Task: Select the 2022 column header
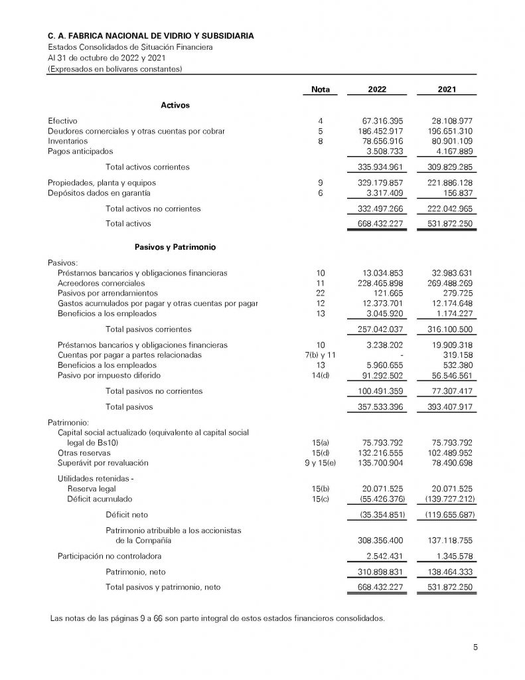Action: click(x=378, y=90)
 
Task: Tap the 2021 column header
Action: click(x=447, y=90)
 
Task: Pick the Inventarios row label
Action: click(x=68, y=141)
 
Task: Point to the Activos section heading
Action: click(x=175, y=105)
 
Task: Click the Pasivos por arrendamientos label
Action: click(x=108, y=293)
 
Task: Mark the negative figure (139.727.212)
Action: click(x=445, y=499)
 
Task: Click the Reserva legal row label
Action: click(x=92, y=489)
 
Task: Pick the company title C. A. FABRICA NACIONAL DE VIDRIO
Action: click(x=150, y=35)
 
